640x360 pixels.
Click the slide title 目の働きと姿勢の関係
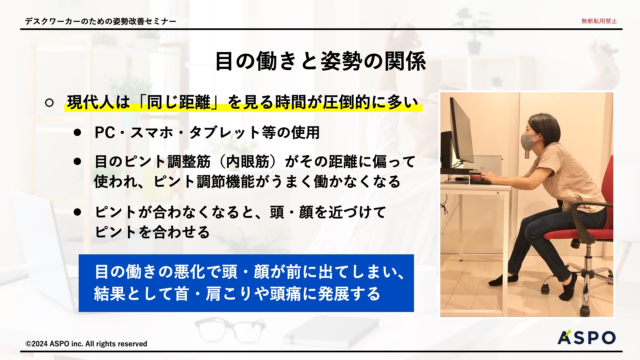[320, 61]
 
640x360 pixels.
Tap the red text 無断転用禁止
[599, 21]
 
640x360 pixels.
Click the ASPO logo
[586, 337]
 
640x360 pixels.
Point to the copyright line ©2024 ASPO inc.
[86, 344]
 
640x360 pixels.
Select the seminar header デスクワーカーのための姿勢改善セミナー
[101, 21]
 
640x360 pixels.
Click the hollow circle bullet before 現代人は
[49, 103]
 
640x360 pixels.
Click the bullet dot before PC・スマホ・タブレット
[77, 133]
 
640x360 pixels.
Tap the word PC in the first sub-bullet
[105, 133]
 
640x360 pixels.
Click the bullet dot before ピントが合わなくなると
[77, 212]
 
